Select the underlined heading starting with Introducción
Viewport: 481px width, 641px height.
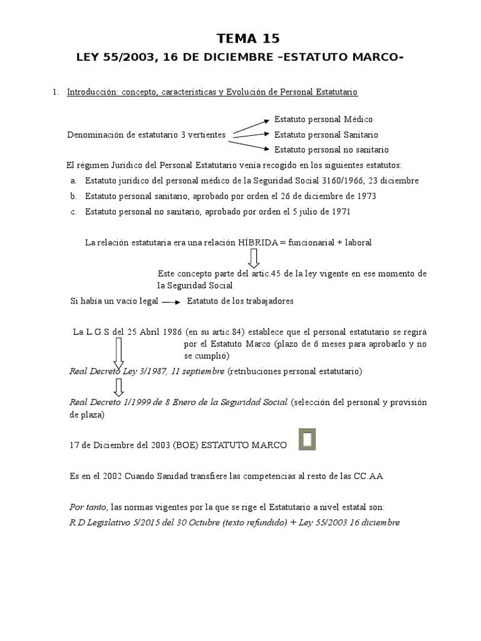[x=212, y=92]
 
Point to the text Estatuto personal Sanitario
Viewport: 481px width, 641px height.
[x=326, y=135]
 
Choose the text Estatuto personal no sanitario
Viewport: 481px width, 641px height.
[x=331, y=150]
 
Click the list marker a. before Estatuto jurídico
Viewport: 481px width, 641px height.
[x=73, y=181]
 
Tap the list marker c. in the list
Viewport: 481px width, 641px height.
[x=73, y=212]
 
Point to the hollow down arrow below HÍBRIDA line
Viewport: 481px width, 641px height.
[x=253, y=258]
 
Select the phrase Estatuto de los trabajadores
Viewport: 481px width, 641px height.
[x=240, y=302]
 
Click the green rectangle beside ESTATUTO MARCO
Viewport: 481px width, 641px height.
[x=306, y=439]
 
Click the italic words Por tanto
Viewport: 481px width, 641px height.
[x=88, y=506]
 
